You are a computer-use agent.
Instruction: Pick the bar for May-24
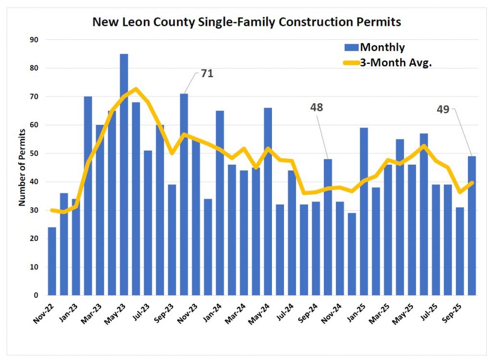[x=268, y=202]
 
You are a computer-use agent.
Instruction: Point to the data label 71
[x=207, y=74]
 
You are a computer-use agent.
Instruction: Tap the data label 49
[x=443, y=109]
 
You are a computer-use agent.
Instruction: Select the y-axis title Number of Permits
[x=22, y=167]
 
